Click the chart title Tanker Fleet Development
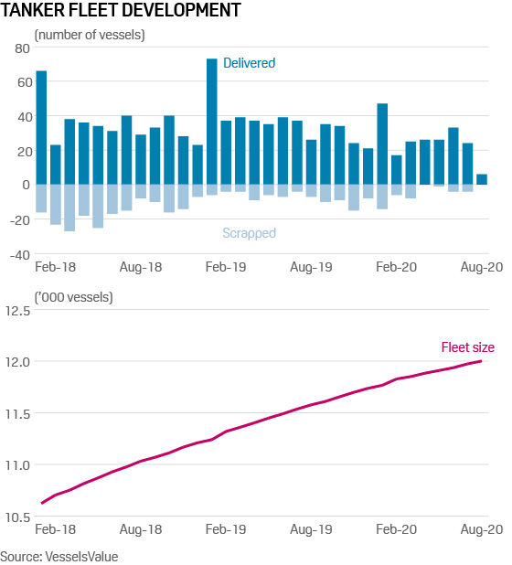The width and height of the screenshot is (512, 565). (x=121, y=11)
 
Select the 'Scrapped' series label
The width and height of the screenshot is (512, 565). (x=250, y=233)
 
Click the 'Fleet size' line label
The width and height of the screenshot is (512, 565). (x=467, y=346)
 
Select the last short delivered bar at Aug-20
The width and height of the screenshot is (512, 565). (x=482, y=179)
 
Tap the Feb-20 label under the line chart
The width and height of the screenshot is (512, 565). (x=396, y=529)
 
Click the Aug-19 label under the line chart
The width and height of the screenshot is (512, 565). (x=310, y=529)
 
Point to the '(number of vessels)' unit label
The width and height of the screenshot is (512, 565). (x=90, y=35)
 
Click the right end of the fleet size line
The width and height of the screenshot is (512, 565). (x=482, y=361)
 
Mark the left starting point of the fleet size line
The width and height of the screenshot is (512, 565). (x=41, y=503)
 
